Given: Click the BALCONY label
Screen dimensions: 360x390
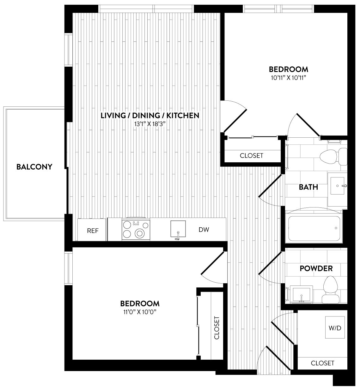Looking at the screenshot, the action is point(34,167).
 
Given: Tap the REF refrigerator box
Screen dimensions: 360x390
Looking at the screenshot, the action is point(92,230).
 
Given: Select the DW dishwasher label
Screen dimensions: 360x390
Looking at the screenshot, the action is point(204,230).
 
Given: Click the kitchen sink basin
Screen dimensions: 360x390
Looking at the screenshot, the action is point(178,228).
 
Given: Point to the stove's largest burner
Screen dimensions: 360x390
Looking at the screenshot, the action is point(140,233).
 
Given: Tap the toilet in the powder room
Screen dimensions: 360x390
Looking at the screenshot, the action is point(331,290).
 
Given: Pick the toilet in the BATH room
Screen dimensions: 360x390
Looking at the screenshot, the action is point(333,157).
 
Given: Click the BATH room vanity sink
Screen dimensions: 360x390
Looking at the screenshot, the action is point(337,186).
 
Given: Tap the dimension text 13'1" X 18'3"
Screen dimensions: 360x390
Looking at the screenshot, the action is point(149,124).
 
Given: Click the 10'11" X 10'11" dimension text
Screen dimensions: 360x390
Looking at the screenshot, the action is point(289,78).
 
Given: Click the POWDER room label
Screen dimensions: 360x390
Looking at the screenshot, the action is point(316,268).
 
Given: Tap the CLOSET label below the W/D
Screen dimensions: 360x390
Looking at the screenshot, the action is point(322,363).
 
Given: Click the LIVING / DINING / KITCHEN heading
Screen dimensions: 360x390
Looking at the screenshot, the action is point(150,116).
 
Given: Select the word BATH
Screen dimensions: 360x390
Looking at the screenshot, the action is point(308,187).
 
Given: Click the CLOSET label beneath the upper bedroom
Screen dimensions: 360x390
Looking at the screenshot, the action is point(252,156).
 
